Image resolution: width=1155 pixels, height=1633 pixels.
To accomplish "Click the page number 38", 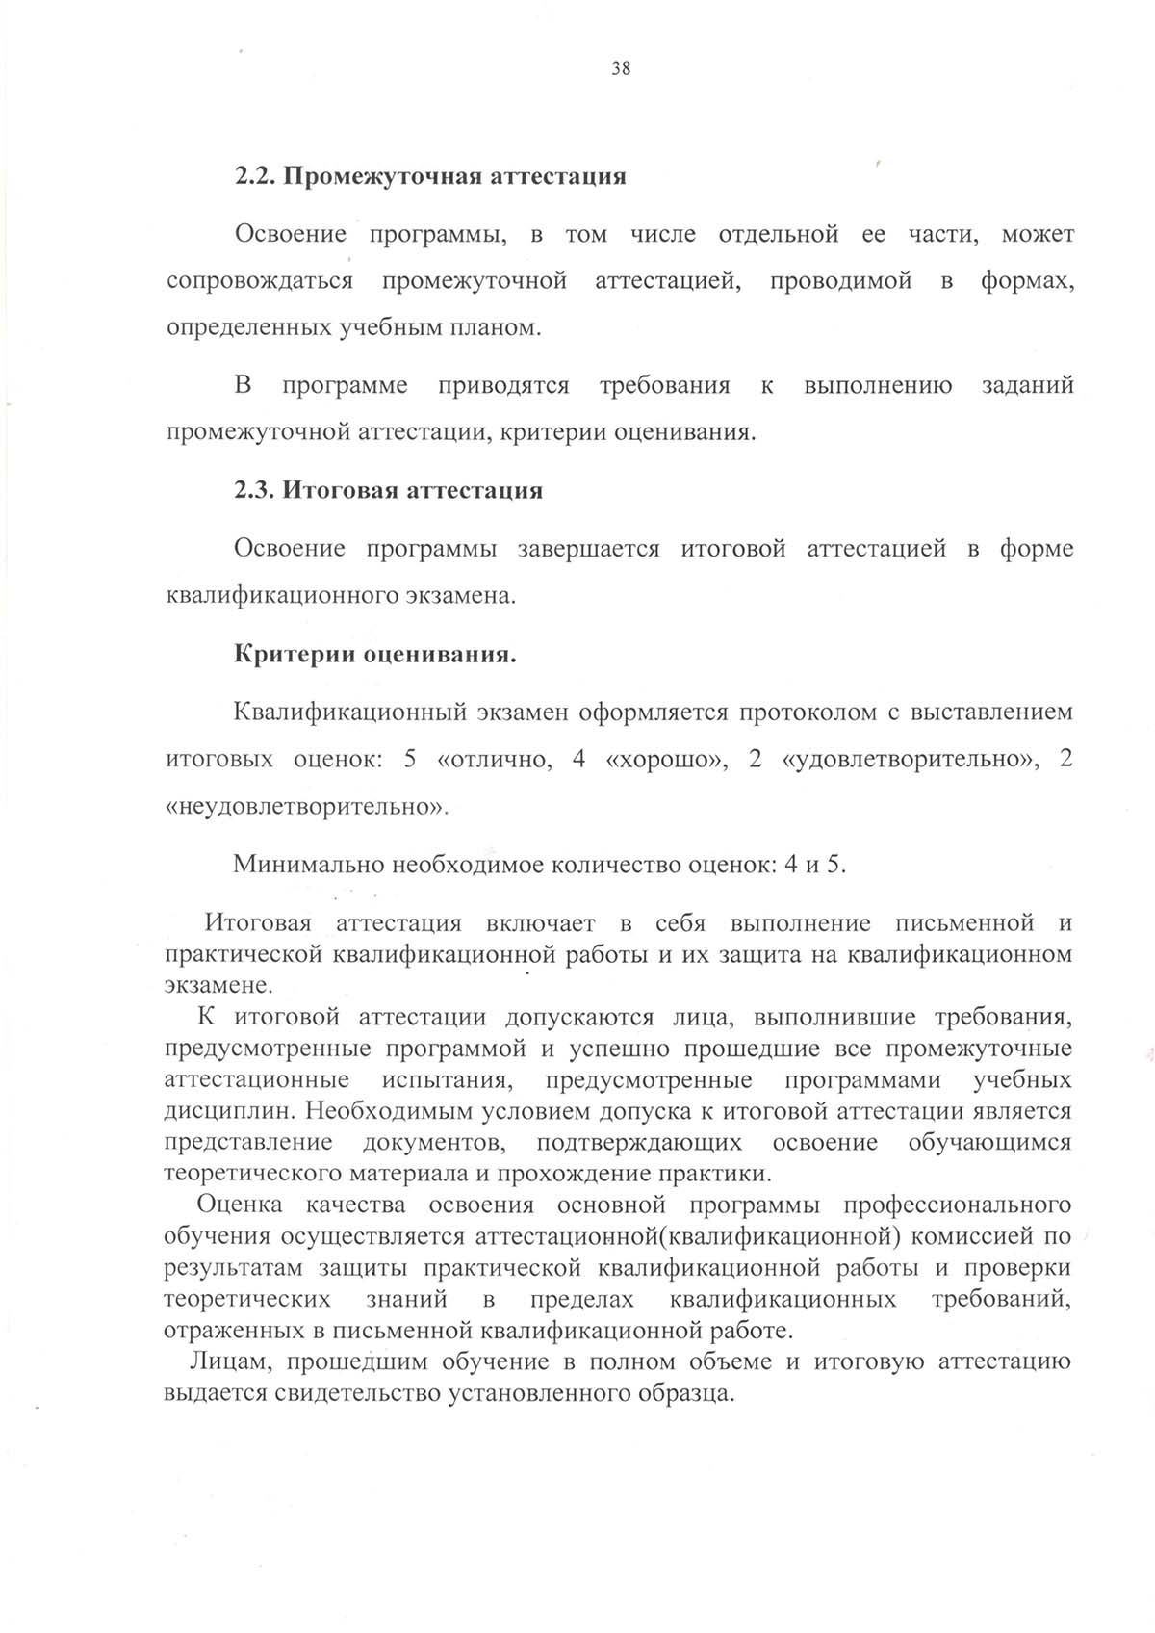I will tap(621, 68).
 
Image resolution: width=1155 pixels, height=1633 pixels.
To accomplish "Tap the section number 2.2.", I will tap(254, 177).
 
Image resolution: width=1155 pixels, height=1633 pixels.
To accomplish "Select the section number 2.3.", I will tap(254, 491).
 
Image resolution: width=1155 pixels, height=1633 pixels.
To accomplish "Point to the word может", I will tap(1038, 235).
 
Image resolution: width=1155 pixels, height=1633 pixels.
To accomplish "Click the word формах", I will tap(1026, 282).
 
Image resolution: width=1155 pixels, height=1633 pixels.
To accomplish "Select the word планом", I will tap(520, 328).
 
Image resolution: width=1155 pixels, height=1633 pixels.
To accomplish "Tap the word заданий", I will tap(1027, 386).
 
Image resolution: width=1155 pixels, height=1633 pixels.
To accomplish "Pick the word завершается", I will tap(588, 549).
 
